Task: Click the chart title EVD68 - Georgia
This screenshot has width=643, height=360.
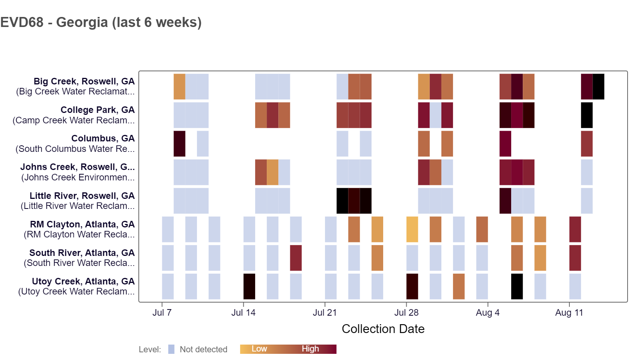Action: (x=101, y=22)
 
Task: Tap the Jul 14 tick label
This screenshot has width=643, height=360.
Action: (x=243, y=313)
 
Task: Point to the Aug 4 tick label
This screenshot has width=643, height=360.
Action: (x=488, y=313)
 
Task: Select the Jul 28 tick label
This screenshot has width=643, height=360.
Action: (x=406, y=313)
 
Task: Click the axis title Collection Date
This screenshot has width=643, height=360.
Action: (x=383, y=329)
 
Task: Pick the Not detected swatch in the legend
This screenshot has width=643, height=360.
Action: (x=172, y=349)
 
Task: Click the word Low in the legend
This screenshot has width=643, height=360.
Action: (x=259, y=349)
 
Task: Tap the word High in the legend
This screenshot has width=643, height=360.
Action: (x=310, y=349)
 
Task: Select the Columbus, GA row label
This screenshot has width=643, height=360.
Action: (x=103, y=138)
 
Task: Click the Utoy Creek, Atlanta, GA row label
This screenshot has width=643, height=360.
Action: (x=83, y=281)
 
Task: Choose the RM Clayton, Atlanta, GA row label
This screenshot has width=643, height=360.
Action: (x=82, y=224)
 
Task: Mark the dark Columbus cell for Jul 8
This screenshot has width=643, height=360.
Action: (x=179, y=144)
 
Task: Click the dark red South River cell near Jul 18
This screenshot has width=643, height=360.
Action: (x=296, y=258)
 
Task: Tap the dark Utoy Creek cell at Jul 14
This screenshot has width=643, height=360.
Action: (x=249, y=286)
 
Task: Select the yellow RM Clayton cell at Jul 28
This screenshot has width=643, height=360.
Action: (x=412, y=229)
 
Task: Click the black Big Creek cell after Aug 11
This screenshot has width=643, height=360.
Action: (x=598, y=87)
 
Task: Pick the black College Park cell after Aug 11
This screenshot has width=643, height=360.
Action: (x=587, y=115)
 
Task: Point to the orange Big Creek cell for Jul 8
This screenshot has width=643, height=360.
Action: (x=179, y=87)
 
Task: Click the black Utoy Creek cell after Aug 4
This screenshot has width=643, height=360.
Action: (x=517, y=286)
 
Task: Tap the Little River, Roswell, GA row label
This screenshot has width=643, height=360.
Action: (x=82, y=196)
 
